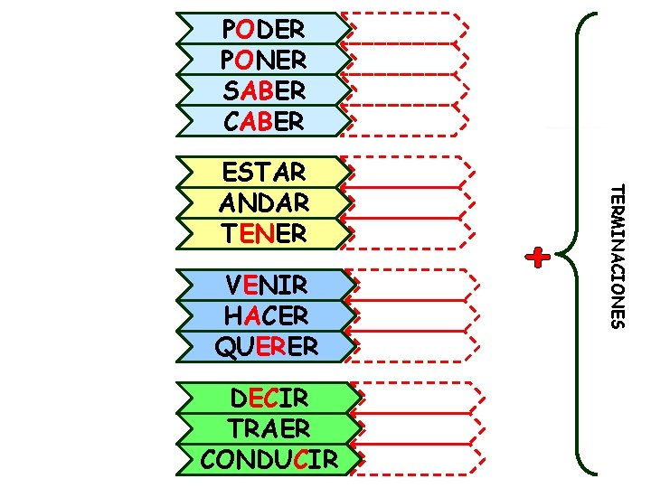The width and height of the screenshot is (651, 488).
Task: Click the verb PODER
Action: pyautogui.click(x=263, y=29)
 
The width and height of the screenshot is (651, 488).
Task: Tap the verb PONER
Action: pyautogui.click(x=263, y=60)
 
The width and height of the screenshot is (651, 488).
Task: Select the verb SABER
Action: pyautogui.click(x=263, y=90)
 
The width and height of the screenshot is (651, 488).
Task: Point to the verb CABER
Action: pyautogui.click(x=263, y=121)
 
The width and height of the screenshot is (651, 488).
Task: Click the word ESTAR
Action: pyautogui.click(x=263, y=172)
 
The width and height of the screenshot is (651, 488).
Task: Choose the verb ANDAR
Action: pyautogui.click(x=263, y=202)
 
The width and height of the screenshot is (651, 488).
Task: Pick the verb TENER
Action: pyautogui.click(x=263, y=232)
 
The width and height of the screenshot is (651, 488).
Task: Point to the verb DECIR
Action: pyautogui.click(x=269, y=399)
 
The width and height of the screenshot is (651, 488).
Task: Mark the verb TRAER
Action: pyautogui.click(x=269, y=428)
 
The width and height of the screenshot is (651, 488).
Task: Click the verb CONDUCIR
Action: pyautogui.click(x=269, y=459)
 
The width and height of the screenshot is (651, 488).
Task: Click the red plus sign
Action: pyautogui.click(x=539, y=258)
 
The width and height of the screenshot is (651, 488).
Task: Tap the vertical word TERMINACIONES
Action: pyautogui.click(x=615, y=257)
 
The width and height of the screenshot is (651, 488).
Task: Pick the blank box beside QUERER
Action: pyautogui.click(x=416, y=345)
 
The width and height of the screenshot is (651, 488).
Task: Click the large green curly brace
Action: pyautogui.click(x=579, y=244)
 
